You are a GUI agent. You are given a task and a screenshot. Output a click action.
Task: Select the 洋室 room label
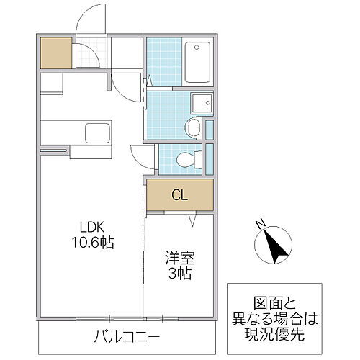[179, 258]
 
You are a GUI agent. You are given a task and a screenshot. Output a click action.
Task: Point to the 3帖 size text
[179, 274]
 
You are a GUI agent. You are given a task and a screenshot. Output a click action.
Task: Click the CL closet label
[180, 194]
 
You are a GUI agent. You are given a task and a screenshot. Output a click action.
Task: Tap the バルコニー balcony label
[128, 335]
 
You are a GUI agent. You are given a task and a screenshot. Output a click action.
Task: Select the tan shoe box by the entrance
[55, 52]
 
